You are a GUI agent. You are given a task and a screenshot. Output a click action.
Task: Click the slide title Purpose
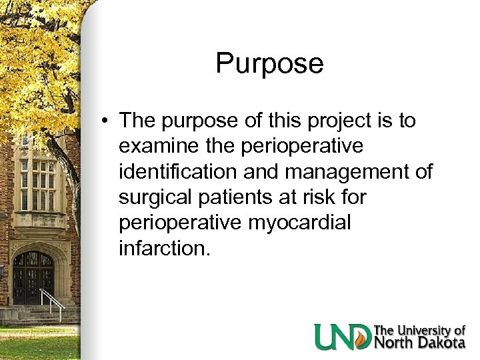click(x=269, y=64)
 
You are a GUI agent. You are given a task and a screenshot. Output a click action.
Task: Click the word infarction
click(x=164, y=250)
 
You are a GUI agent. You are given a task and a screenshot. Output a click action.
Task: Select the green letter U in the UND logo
click(x=327, y=337)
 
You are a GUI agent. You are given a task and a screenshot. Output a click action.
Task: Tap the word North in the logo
click(x=395, y=343)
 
